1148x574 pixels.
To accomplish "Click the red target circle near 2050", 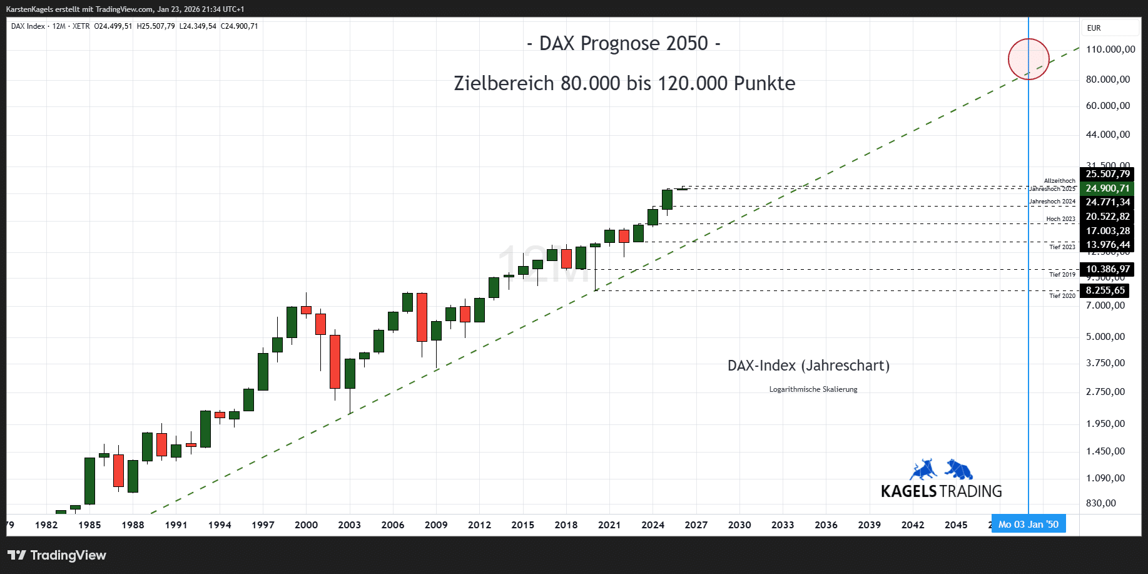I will point(1029,59).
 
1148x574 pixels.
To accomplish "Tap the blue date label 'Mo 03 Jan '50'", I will point(1029,525).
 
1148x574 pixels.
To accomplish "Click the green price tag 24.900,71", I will point(1107,188).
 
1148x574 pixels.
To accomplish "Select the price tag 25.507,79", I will point(1107,174).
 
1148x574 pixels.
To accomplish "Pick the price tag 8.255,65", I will point(1105,290).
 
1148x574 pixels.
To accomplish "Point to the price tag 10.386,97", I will point(1107,269).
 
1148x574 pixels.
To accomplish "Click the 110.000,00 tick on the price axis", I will point(1110,49).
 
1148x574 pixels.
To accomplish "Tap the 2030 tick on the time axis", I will point(739,525).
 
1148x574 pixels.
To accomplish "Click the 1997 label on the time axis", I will point(263,525).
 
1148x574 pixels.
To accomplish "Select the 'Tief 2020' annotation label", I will point(1062,295).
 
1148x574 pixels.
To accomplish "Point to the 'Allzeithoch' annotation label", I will point(1059,181).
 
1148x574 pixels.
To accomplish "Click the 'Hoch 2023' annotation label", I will point(1060,219).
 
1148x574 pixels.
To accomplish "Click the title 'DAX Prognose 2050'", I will point(624,43).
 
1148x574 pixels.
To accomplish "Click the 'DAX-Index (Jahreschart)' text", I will point(808,366).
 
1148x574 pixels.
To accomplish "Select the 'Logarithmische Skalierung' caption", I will point(813,389).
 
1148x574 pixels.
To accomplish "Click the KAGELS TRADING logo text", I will point(941,491).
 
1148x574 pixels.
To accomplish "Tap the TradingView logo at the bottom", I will point(57,555).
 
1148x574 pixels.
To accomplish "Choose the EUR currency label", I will point(1094,28).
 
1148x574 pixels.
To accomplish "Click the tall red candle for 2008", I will point(422,317).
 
